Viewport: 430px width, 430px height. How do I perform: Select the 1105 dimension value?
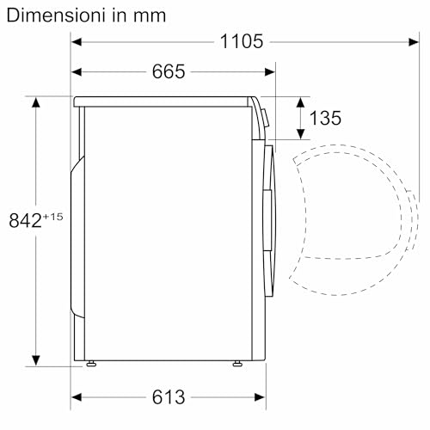240,41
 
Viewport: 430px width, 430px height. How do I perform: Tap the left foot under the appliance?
89,364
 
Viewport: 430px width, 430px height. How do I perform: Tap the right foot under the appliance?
235,364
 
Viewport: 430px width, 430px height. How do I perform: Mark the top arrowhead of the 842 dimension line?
36,102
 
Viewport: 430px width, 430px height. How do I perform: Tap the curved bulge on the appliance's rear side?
79,241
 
